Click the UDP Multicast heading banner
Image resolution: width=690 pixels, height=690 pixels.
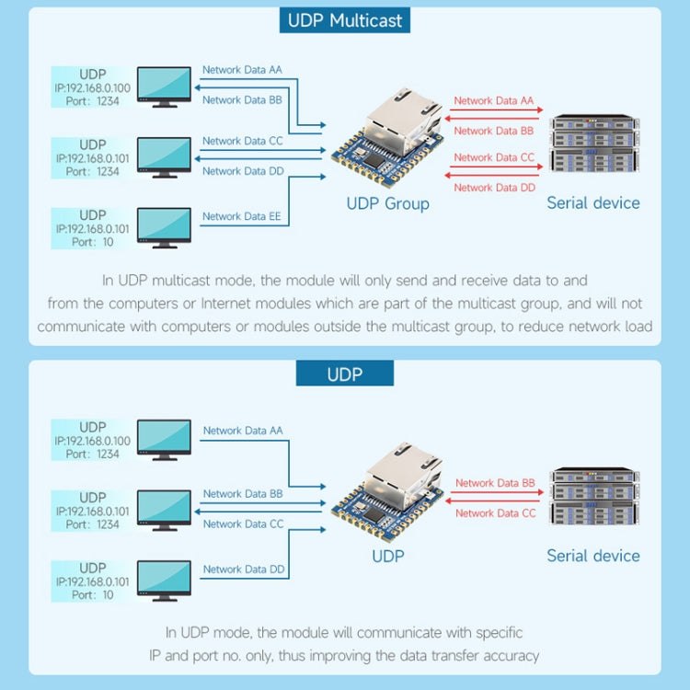[345, 20]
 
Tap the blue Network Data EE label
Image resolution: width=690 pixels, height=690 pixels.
[242, 216]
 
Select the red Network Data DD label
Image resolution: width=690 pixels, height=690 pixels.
[494, 188]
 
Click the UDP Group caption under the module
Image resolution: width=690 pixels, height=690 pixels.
[387, 203]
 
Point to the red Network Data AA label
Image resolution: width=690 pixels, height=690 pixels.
[494, 101]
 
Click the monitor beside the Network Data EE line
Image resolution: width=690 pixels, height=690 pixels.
[164, 226]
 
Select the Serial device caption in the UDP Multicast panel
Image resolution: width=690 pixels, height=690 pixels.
[592, 203]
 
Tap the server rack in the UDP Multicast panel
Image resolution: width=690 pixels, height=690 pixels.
[593, 145]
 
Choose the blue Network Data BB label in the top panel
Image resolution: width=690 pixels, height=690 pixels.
[242, 100]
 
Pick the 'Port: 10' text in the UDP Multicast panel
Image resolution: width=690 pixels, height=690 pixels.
[93, 243]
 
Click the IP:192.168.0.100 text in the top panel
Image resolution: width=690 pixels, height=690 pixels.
[93, 87]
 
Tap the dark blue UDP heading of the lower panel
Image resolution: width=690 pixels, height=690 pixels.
[345, 374]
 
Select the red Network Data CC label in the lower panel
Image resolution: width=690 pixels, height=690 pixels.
[495, 513]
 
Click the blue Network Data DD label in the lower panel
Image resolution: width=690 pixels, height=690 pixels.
[244, 569]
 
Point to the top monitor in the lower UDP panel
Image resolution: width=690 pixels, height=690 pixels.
[164, 439]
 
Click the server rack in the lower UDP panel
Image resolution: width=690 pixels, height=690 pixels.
[593, 498]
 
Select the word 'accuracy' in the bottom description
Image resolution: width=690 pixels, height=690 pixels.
[509, 656]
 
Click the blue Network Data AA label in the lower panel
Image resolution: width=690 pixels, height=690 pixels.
[243, 431]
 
